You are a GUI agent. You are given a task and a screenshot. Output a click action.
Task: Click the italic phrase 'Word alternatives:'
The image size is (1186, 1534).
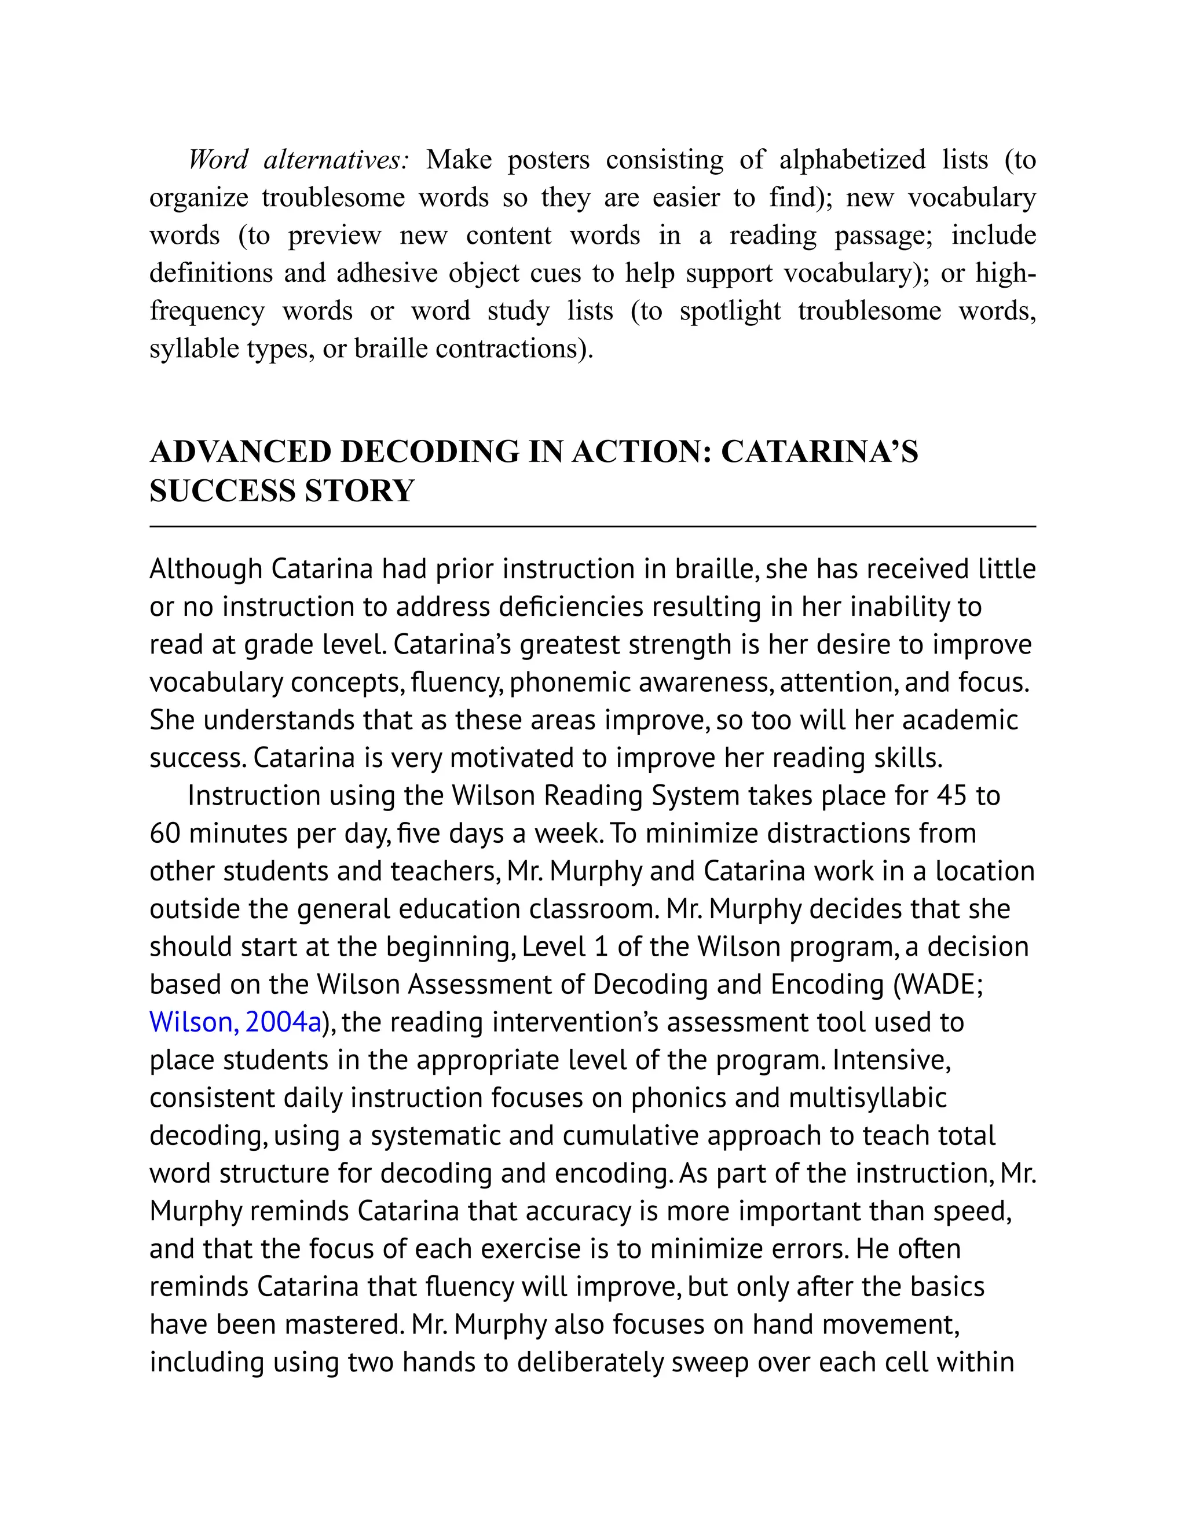pyautogui.click(x=298, y=160)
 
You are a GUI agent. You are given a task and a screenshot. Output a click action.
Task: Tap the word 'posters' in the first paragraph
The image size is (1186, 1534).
pyautogui.click(x=549, y=160)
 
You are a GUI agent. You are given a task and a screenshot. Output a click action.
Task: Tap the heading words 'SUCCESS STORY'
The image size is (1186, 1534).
pyautogui.click(x=282, y=491)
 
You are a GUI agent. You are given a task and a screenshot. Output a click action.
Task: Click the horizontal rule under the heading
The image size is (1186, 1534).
pyautogui.click(x=592, y=526)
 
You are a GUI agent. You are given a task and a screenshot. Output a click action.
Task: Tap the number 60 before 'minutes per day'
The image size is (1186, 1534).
pyautogui.click(x=165, y=834)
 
